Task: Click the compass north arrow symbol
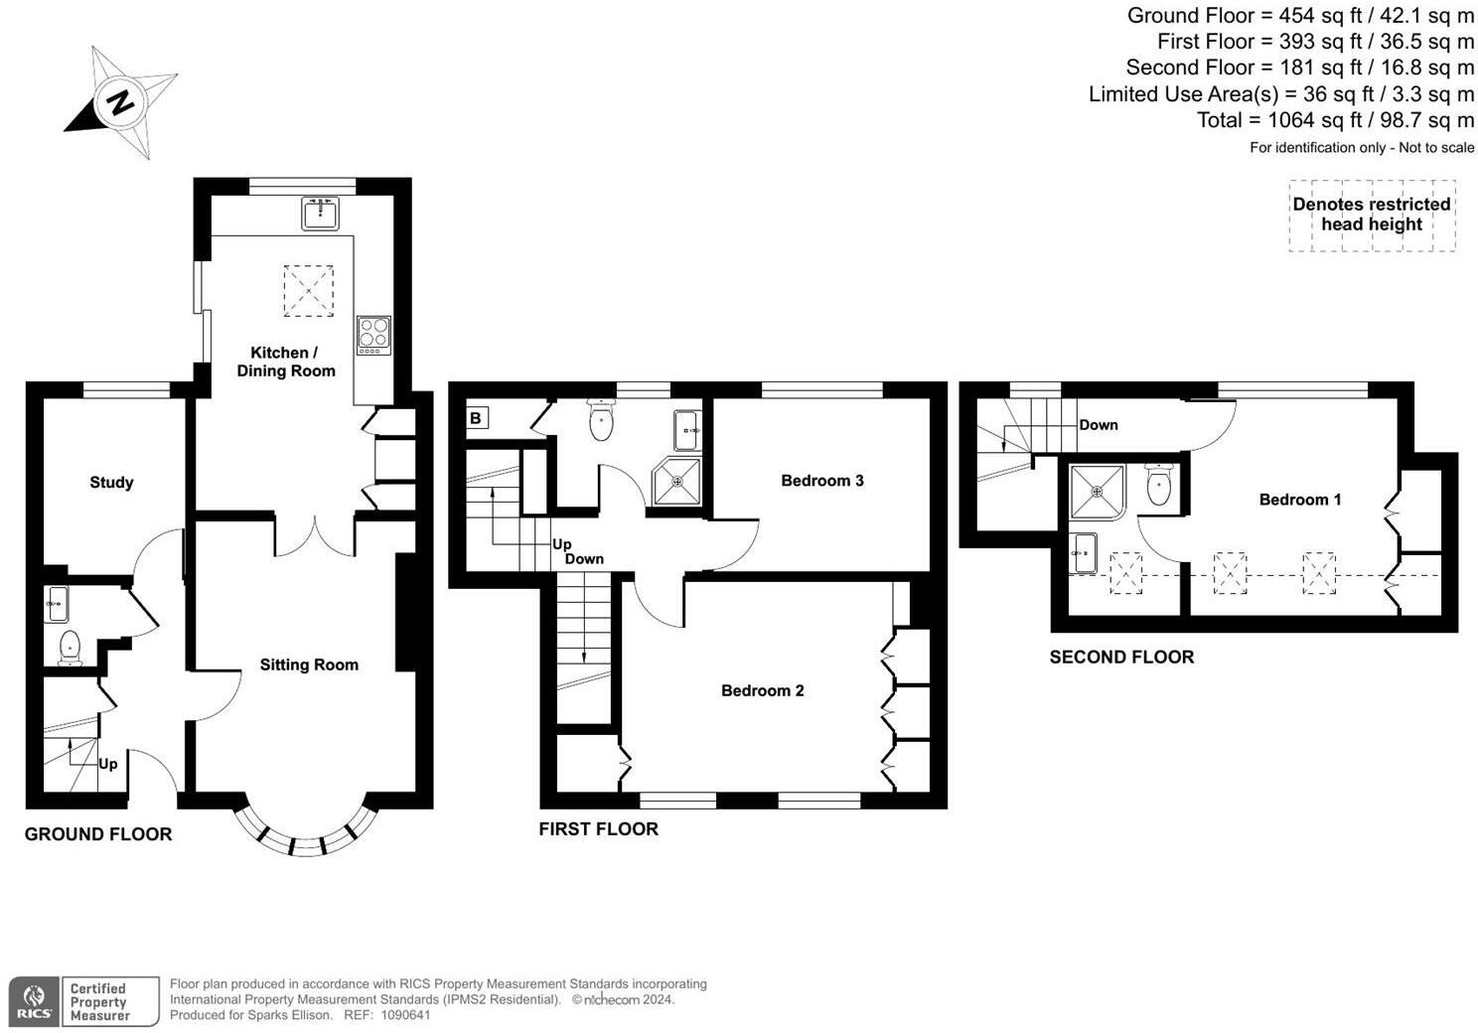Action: pyautogui.click(x=121, y=101)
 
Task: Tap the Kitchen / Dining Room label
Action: pyautogui.click(x=285, y=362)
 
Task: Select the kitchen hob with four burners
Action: pyautogui.click(x=374, y=335)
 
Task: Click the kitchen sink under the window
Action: pyautogui.click(x=320, y=213)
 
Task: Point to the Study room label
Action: pyautogui.click(x=111, y=483)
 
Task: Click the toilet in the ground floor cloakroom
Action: pyautogui.click(x=70, y=648)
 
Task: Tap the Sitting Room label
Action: pyautogui.click(x=309, y=665)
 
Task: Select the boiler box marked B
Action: pyautogui.click(x=476, y=418)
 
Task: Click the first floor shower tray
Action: pyautogui.click(x=676, y=481)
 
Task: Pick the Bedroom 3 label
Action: pyautogui.click(x=821, y=481)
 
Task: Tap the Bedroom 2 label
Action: pyautogui.click(x=762, y=691)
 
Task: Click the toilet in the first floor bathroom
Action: pyautogui.click(x=602, y=421)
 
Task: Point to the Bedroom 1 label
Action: pyautogui.click(x=1299, y=500)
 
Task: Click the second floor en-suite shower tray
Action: pyautogui.click(x=1097, y=491)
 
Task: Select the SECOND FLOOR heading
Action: pyautogui.click(x=1121, y=657)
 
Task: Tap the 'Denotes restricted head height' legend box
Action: pyautogui.click(x=1372, y=215)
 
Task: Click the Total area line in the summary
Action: pyautogui.click(x=1335, y=120)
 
